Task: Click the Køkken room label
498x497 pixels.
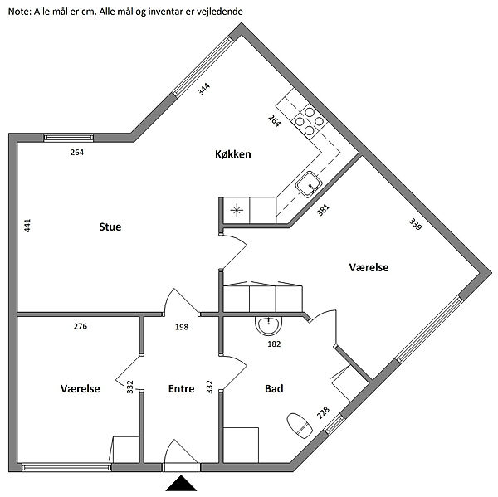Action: coord(232,154)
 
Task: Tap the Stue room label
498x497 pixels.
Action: coord(110,227)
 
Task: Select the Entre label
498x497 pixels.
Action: coord(181,388)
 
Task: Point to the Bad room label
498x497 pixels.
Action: coord(274,388)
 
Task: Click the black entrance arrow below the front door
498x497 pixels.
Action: coord(181,483)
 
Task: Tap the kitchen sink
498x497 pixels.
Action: coord(309,184)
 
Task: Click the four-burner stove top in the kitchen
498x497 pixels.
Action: coord(310,121)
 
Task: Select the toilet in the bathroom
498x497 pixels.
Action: coord(300,426)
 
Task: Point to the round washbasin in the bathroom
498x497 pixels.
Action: coord(269,325)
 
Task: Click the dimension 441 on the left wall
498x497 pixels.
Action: coord(27,226)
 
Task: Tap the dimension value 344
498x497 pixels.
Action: coord(203,89)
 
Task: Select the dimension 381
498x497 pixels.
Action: coord(323,210)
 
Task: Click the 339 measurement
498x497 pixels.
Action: coord(415,224)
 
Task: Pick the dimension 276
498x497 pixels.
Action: coord(80,326)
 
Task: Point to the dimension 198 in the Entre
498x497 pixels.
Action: coord(182,327)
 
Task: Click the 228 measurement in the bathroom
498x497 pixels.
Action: coord(323,413)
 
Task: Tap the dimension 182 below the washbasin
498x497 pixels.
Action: coord(274,344)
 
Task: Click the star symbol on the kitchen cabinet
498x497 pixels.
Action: coord(237,210)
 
